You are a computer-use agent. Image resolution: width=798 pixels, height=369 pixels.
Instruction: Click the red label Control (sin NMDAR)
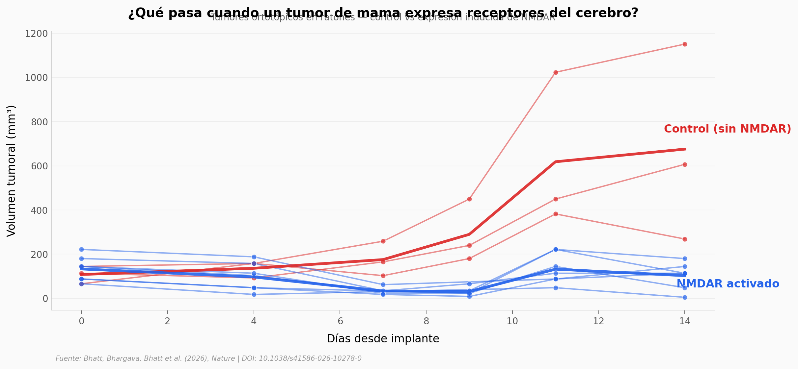pos(727,129)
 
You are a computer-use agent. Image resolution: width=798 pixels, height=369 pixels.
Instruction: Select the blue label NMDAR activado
pos(728,284)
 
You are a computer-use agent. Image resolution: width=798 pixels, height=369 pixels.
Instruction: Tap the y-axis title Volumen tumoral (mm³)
pos(11,171)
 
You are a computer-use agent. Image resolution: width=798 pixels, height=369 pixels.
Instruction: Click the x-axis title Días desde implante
pos(383,339)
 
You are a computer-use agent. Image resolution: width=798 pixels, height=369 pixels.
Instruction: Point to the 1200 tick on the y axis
pos(36,34)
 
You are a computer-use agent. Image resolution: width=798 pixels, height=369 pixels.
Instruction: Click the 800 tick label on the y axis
pos(39,122)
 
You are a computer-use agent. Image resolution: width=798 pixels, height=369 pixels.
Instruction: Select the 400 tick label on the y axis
pos(39,210)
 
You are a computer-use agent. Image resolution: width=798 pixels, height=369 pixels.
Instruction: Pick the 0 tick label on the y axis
pos(45,299)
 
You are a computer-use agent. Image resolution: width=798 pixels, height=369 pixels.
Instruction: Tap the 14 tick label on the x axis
pos(685,321)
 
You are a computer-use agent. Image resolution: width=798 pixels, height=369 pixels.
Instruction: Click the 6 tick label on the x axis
pos(340,321)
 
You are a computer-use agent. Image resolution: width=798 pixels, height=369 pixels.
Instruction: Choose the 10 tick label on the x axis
pos(512,321)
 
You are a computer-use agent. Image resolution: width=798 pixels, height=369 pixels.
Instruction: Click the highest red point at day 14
pos(685,44)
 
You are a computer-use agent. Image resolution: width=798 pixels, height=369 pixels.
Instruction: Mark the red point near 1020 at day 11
pos(556,72)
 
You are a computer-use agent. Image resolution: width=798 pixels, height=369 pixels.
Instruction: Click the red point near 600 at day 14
pos(685,164)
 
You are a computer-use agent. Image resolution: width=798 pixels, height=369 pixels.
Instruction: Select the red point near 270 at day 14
pos(685,239)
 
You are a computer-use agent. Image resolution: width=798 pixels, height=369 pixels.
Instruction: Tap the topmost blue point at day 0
pos(81,249)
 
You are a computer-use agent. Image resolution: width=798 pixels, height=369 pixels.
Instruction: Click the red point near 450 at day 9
pos(469,199)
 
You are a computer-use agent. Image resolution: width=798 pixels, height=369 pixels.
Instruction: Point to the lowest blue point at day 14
pos(685,297)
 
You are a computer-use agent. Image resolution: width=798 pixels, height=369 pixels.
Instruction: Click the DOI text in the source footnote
pos(301,358)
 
